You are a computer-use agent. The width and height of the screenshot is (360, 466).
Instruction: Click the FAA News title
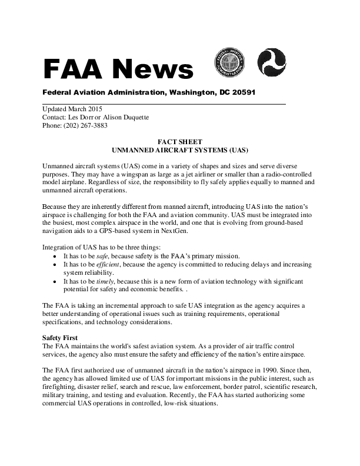click(x=118, y=69)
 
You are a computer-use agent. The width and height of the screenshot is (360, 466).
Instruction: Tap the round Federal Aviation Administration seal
click(x=229, y=62)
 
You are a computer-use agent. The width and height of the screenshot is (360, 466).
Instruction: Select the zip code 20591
click(x=242, y=93)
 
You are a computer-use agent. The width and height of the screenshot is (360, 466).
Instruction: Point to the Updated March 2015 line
click(x=72, y=109)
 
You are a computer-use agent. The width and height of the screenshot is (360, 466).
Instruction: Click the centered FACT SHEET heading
click(x=180, y=142)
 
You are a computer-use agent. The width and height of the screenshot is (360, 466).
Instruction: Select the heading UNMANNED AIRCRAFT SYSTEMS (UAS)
click(x=180, y=150)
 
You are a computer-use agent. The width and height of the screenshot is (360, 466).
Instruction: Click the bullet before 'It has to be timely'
click(x=55, y=282)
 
